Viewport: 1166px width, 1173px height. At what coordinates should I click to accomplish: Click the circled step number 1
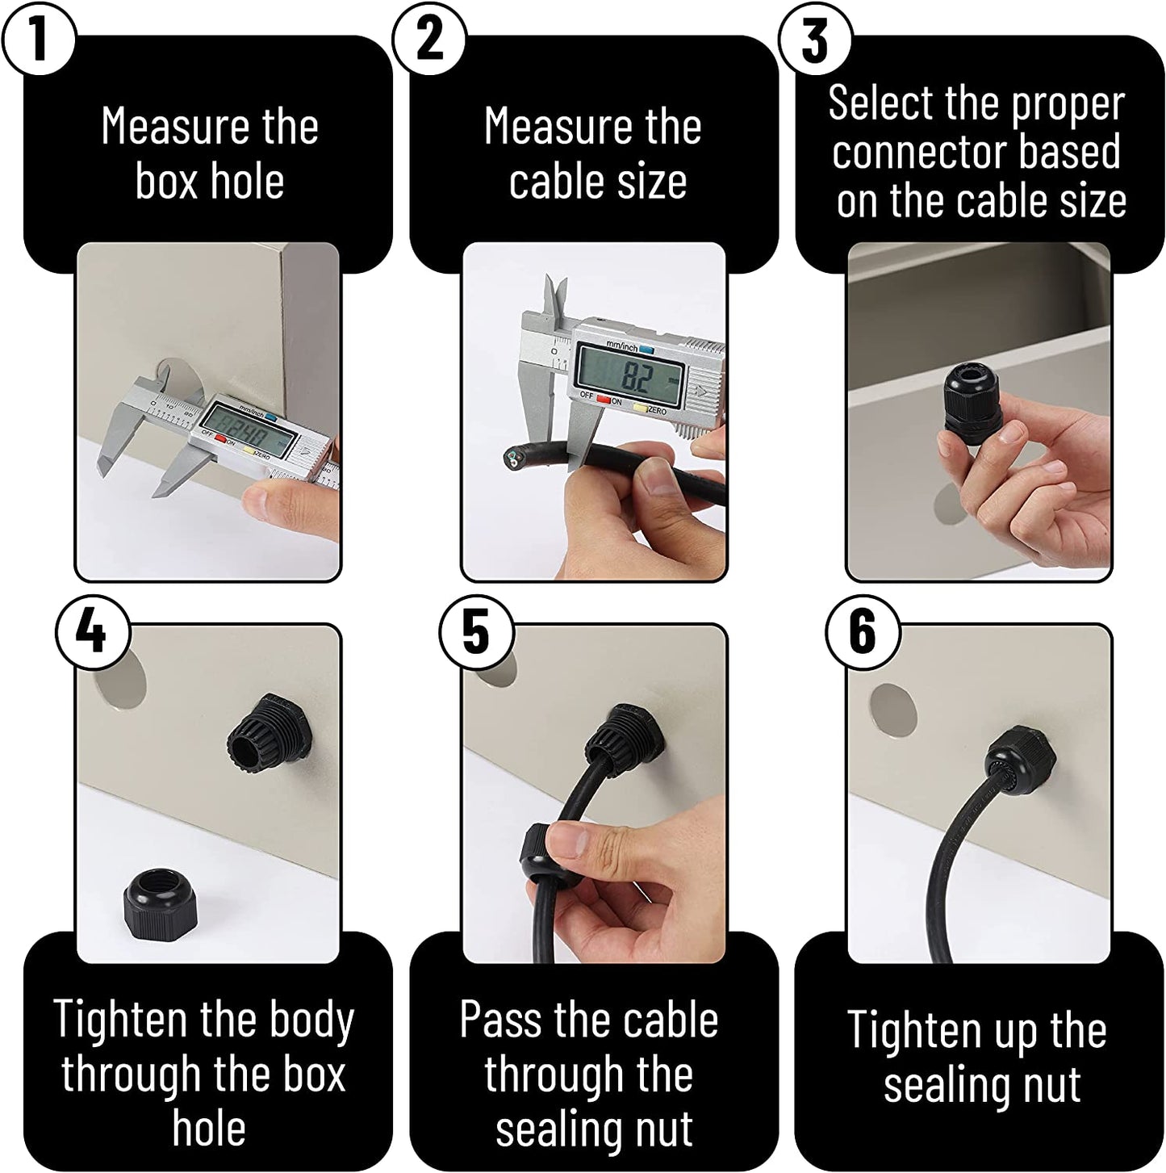[x=38, y=39]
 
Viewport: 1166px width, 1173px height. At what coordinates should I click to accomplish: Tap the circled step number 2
[x=429, y=39]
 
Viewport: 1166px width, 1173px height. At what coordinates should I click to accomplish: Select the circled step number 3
[x=814, y=39]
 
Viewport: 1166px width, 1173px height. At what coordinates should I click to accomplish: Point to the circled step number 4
[x=93, y=630]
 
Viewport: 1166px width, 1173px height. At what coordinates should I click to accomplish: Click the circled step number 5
[x=477, y=630]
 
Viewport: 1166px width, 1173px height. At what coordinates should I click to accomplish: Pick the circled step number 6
[x=862, y=630]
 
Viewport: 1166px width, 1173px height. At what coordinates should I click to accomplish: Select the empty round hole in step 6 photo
[x=894, y=706]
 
